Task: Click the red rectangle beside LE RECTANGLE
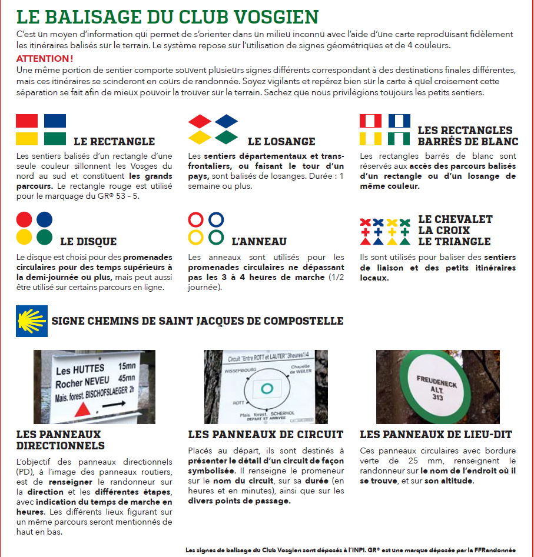click(27, 121)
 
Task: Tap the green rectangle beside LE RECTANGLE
click(55, 139)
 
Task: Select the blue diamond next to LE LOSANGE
click(226, 121)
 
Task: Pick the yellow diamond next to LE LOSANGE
click(200, 137)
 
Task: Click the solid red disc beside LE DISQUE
click(24, 219)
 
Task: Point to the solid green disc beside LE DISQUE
click(44, 237)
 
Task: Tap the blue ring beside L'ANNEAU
click(216, 220)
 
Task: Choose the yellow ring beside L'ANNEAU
click(196, 237)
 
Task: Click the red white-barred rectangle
click(371, 121)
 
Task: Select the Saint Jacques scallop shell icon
click(31, 321)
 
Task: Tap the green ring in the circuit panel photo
click(266, 388)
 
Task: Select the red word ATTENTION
click(45, 59)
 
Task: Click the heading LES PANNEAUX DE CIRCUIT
click(266, 435)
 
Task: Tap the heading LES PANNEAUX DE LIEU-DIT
click(436, 435)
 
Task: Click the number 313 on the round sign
click(438, 398)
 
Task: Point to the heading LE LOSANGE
click(281, 141)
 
